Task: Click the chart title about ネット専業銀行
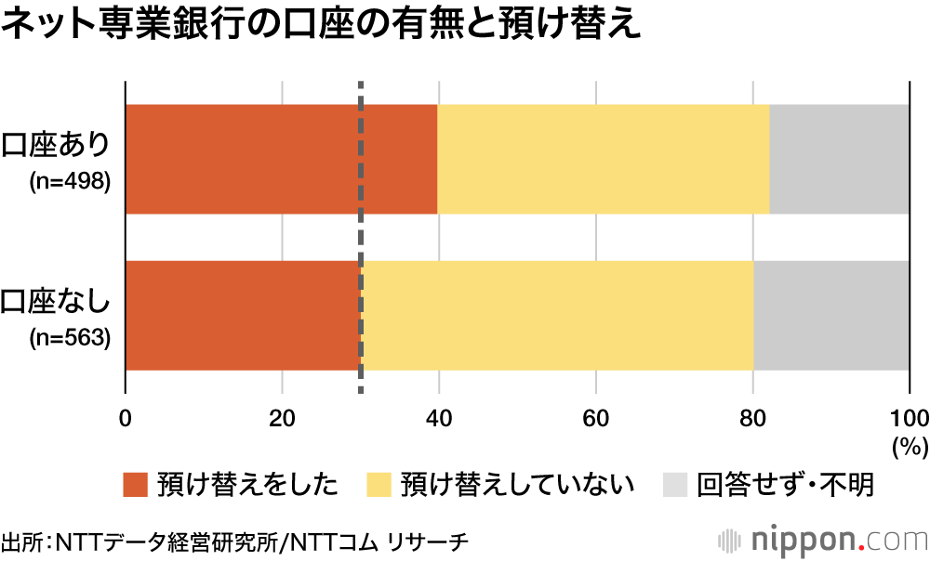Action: [321, 25]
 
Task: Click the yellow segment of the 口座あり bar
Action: [603, 159]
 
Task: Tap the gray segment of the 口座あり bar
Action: [839, 159]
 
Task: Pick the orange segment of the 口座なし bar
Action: [242, 316]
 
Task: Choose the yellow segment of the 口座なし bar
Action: [558, 316]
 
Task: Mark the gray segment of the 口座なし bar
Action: [830, 316]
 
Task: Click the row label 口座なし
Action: [57, 303]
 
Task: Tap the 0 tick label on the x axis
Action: [126, 417]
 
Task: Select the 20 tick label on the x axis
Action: [282, 417]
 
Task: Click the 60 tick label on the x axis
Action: [596, 417]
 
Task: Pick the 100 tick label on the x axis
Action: [909, 417]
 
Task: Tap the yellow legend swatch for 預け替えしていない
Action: [380, 485]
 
